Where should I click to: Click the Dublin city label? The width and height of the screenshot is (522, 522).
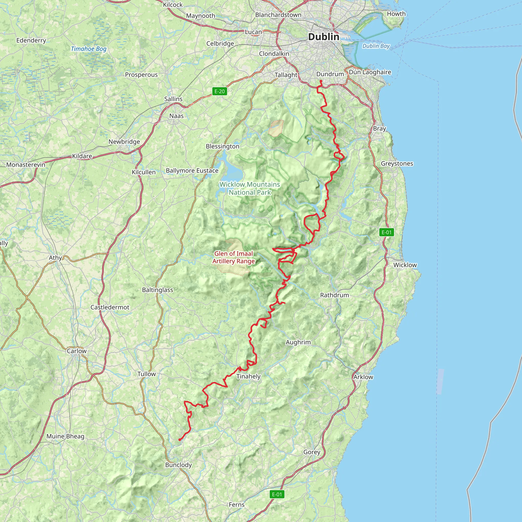pyautogui.click(x=323, y=37)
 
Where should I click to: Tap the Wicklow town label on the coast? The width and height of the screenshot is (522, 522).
pyautogui.click(x=405, y=265)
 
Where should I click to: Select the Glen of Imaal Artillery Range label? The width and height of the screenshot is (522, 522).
pyautogui.click(x=233, y=257)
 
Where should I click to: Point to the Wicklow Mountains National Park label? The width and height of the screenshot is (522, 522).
pyautogui.click(x=249, y=188)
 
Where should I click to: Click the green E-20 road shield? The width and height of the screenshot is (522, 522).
pyautogui.click(x=219, y=91)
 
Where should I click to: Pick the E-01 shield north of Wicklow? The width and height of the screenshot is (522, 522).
pyautogui.click(x=386, y=232)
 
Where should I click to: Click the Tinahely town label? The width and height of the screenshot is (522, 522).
pyautogui.click(x=248, y=376)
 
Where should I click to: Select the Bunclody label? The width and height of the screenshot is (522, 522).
pyautogui.click(x=178, y=465)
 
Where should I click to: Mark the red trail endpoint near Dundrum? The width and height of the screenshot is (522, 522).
pyautogui.click(x=321, y=81)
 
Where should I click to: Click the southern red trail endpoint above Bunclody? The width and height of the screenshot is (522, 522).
pyautogui.click(x=180, y=440)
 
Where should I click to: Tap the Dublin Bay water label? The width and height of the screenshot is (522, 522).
pyautogui.click(x=376, y=46)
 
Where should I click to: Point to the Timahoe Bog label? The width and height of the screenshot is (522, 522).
pyautogui.click(x=89, y=49)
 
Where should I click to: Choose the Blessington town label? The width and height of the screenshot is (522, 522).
pyautogui.click(x=222, y=147)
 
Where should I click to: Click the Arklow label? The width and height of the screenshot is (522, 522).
pyautogui.click(x=363, y=377)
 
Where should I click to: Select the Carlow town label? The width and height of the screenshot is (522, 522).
pyautogui.click(x=77, y=351)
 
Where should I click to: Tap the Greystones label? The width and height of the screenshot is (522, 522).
pyautogui.click(x=397, y=163)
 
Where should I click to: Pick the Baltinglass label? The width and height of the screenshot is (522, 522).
pyautogui.click(x=158, y=290)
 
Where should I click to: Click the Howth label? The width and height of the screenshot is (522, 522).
pyautogui.click(x=396, y=14)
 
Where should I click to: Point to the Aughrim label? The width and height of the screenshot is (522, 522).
pyautogui.click(x=298, y=342)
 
